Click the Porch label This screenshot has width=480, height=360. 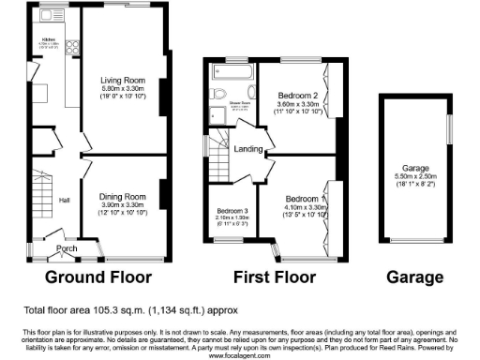pos(67,247)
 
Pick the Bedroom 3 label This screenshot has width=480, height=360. pos(230,211)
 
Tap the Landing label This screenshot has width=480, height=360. pos(248,148)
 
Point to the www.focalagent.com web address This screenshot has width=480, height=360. pos(240,355)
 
